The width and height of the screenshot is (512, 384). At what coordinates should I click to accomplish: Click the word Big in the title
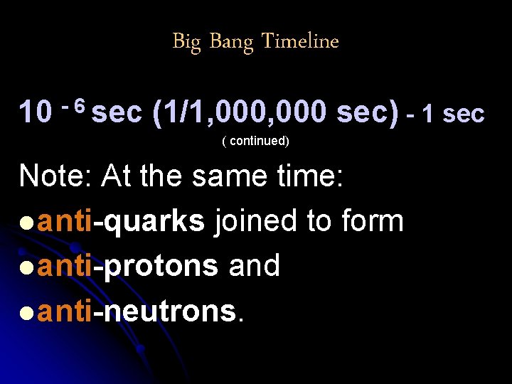click(186, 42)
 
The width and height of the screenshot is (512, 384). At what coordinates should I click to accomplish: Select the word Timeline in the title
click(300, 42)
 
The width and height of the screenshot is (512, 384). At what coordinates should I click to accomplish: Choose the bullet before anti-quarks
click(26, 222)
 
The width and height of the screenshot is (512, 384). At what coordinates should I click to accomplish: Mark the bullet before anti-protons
click(26, 267)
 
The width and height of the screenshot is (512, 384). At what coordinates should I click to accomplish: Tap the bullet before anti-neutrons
click(26, 311)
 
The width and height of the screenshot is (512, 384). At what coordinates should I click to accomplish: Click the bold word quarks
click(154, 222)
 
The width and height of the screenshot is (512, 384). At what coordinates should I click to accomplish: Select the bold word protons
click(161, 266)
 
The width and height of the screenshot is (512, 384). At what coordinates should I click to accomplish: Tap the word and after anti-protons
click(254, 266)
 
